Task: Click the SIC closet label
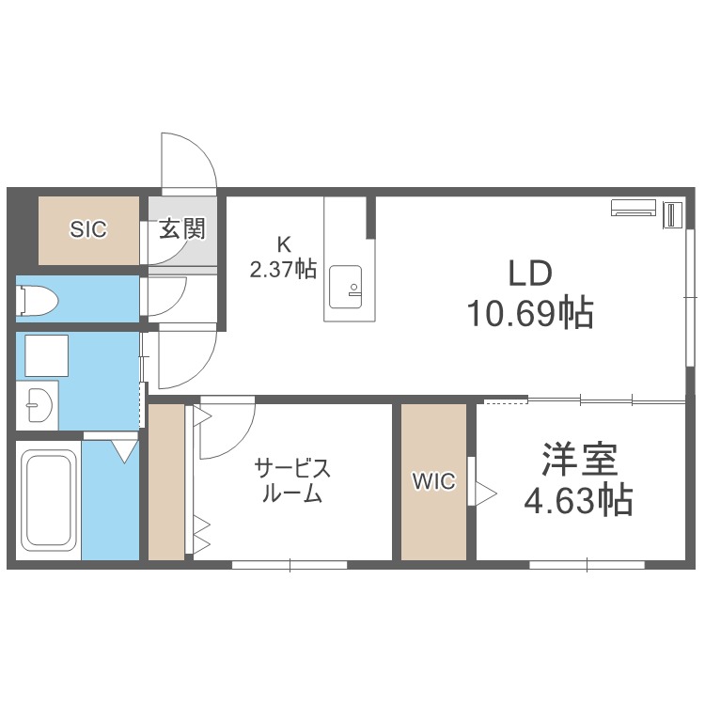(88, 229)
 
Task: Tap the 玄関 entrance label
(182, 228)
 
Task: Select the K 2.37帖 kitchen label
(283, 258)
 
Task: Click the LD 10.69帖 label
(530, 293)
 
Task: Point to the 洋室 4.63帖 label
(579, 478)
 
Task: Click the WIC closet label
(434, 481)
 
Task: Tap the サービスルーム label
(292, 480)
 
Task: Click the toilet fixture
(37, 300)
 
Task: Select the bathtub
(49, 500)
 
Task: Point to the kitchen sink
(345, 287)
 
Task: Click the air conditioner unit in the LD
(633, 208)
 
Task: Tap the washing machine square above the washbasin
(47, 355)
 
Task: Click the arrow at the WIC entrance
(487, 493)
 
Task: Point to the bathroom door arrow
(124, 451)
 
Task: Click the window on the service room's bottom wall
(290, 565)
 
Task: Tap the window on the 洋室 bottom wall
(587, 565)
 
